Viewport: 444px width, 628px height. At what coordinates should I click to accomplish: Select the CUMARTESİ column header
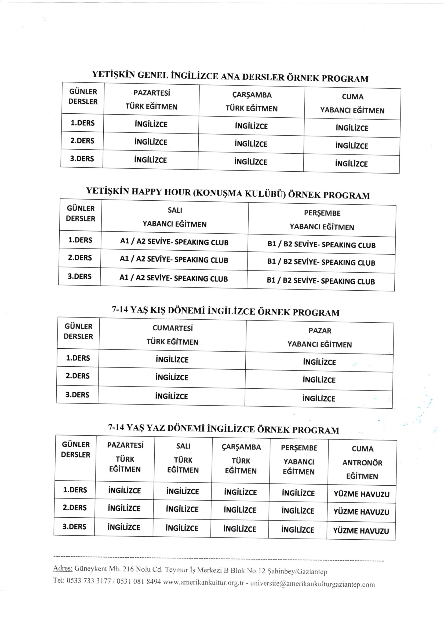coord(173,328)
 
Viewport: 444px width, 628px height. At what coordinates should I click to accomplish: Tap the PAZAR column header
coord(320,331)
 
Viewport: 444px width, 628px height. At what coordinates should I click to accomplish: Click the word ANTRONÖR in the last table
coord(362,463)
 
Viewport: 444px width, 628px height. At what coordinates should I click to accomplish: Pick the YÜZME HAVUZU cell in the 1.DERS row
coord(361,494)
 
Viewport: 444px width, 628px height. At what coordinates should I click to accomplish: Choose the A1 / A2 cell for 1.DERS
coord(174,242)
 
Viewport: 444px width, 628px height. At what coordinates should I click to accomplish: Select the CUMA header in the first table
coord(352,96)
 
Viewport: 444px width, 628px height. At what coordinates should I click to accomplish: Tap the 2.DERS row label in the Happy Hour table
coord(80,258)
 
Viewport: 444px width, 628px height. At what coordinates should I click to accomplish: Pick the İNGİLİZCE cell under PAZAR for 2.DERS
coord(319,380)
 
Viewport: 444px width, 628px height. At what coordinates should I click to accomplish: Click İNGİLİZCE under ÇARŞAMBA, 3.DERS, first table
coord(250,162)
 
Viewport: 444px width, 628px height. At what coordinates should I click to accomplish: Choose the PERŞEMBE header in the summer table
coord(299,448)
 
